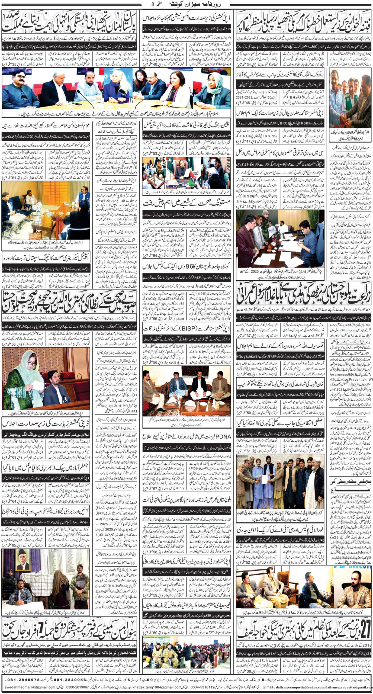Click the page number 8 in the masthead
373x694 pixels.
click(152, 4)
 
